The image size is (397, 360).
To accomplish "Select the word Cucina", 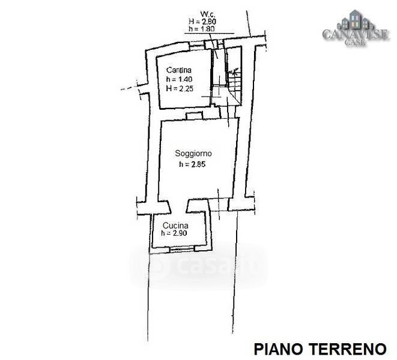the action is (172, 225).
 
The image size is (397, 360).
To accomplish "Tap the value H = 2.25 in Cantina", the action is (180, 88).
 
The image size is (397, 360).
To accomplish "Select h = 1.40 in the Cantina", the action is (180, 79).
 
